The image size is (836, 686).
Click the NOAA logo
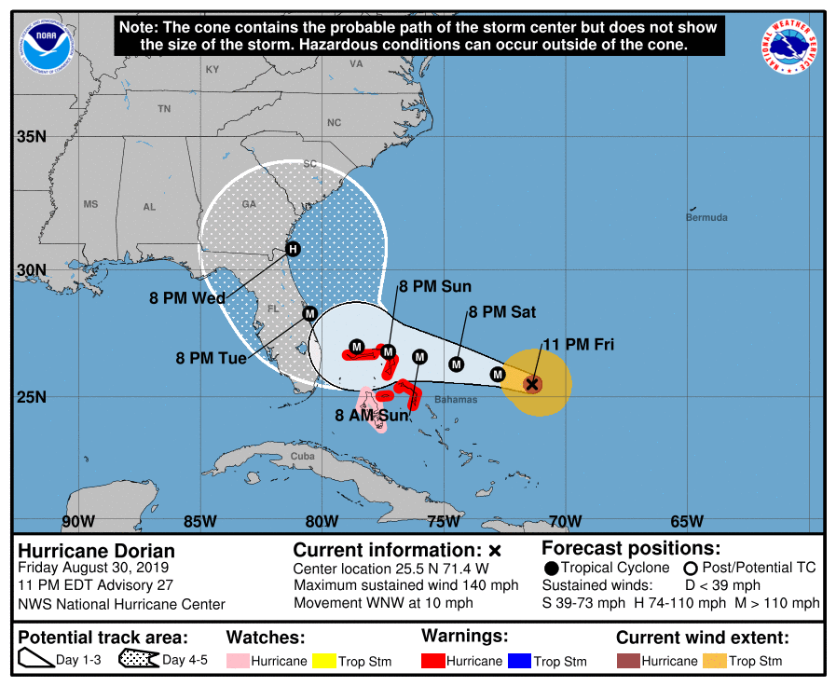44,44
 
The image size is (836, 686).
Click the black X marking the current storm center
532,383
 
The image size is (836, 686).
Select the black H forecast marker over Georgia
293,249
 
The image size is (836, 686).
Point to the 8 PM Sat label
502,312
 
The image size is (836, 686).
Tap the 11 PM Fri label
579,345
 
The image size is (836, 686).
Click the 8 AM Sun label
372,415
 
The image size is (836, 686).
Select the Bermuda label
706,217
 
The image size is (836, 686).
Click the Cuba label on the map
302,456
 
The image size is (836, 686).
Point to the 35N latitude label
31,137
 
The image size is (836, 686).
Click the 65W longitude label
686,521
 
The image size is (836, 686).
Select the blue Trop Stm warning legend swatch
517,661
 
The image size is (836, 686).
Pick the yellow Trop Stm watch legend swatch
324,661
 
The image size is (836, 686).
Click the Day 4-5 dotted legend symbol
139,661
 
